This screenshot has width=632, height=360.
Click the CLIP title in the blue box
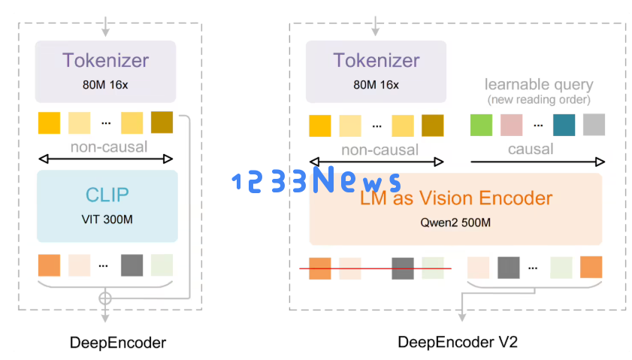(x=106, y=195)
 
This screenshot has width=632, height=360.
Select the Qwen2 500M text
(x=455, y=222)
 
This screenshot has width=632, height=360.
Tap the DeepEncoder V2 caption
(x=458, y=343)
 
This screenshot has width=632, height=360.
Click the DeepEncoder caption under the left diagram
(x=118, y=343)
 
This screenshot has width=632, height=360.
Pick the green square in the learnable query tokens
(x=481, y=125)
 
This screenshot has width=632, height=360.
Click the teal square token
(x=564, y=125)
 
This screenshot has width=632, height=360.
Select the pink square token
(x=511, y=125)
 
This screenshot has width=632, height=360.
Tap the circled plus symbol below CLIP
(x=105, y=298)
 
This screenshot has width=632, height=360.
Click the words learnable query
(x=539, y=84)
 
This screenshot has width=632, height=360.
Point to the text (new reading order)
(x=539, y=100)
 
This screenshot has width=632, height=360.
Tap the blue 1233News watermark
(x=316, y=181)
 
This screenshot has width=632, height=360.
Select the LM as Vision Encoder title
(x=456, y=198)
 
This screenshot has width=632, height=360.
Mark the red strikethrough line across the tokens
(x=376, y=268)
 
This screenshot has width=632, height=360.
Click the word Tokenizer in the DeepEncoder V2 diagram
(x=376, y=60)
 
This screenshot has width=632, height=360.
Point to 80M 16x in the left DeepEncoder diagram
(x=105, y=84)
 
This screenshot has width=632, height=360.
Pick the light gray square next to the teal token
(x=594, y=125)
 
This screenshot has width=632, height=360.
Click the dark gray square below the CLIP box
(x=132, y=265)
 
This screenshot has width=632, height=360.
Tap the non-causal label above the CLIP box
(x=109, y=147)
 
